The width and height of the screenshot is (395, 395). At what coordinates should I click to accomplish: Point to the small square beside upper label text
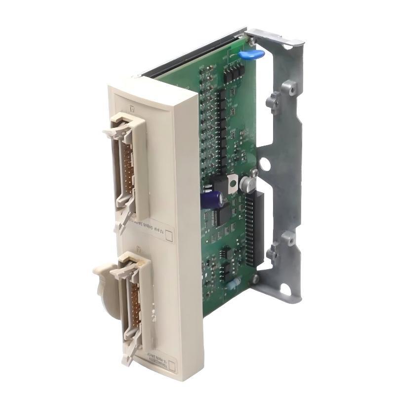[x=169, y=235]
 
